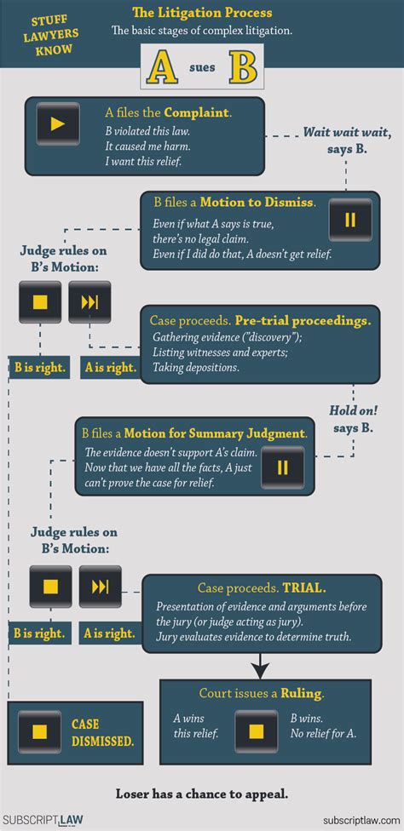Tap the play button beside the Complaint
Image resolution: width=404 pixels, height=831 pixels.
pyautogui.click(x=58, y=124)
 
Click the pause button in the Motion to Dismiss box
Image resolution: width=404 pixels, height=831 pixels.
pyautogui.click(x=350, y=220)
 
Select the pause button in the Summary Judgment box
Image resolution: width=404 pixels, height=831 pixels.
pyautogui.click(x=282, y=467)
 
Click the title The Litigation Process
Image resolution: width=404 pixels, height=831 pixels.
pyautogui.click(x=202, y=13)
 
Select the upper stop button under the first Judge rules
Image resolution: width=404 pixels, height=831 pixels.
pyautogui.click(x=40, y=302)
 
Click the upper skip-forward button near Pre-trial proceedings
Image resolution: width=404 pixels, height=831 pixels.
pyautogui.click(x=90, y=302)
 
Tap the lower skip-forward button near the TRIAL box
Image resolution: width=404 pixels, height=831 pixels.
pyautogui.click(x=101, y=586)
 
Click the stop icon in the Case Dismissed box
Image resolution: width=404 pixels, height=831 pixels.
pyautogui.click(x=39, y=731)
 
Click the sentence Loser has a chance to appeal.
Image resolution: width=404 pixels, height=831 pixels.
pyautogui.click(x=202, y=794)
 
